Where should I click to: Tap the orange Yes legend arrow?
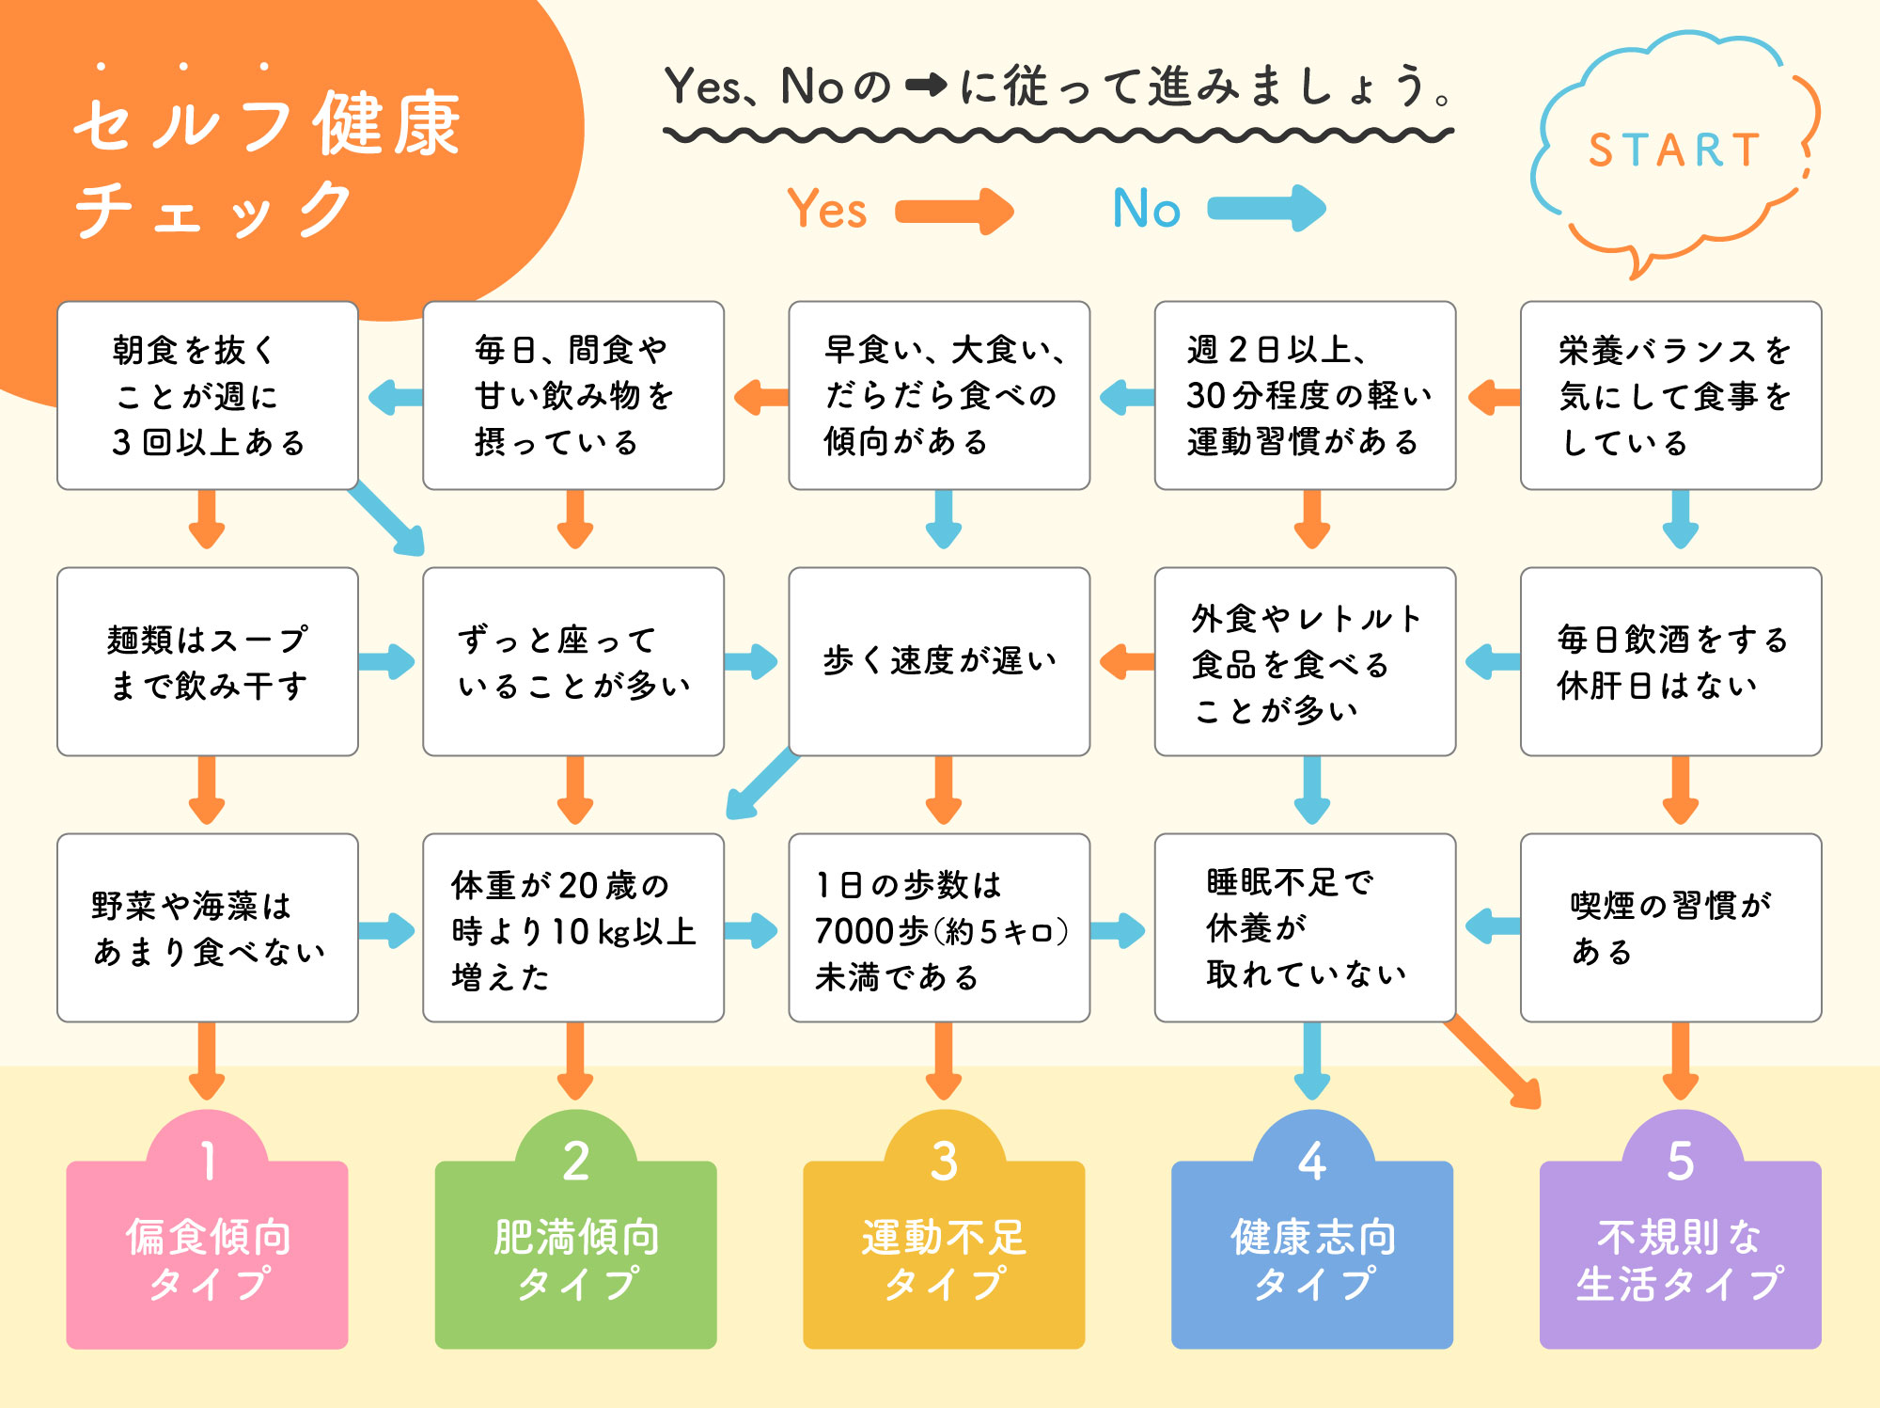[953, 210]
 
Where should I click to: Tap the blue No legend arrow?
[1265, 208]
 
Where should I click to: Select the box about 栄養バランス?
[1670, 396]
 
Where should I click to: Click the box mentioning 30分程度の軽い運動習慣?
[1305, 396]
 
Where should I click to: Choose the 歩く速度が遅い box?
[939, 661]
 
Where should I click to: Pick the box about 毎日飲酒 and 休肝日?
[1670, 661]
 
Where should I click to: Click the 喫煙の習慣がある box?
[1670, 927]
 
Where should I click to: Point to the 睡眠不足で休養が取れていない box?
[1305, 927]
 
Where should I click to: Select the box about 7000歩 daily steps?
[939, 927]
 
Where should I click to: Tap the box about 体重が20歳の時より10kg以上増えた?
[573, 927]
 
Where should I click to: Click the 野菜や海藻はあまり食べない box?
[208, 927]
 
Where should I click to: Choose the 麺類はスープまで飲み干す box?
[208, 661]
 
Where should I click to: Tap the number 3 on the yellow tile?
[944, 1162]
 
